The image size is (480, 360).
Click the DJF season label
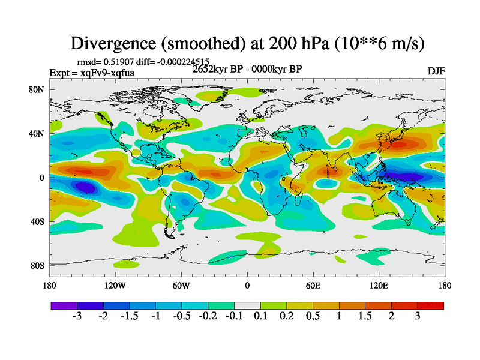point(436,71)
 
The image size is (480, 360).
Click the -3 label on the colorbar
point(77,317)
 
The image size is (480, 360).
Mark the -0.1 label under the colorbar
point(234,317)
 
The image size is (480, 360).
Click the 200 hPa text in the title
point(287,43)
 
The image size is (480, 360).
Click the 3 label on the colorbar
point(418,317)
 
